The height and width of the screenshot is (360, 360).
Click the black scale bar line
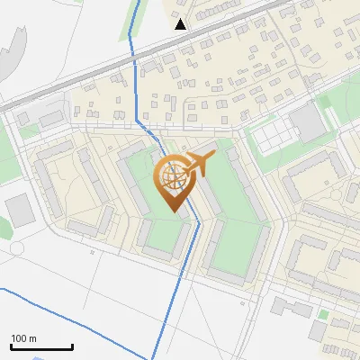point(41,347)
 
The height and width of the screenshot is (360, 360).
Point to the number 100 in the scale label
point(20,338)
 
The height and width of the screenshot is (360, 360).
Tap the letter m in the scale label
point(32,338)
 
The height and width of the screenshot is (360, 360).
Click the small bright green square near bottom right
point(323,315)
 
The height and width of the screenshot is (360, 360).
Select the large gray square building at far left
point(19,209)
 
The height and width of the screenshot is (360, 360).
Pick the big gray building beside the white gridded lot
point(308,122)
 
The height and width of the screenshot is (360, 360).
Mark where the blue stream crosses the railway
point(132,56)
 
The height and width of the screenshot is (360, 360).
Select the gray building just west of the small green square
point(291,307)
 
